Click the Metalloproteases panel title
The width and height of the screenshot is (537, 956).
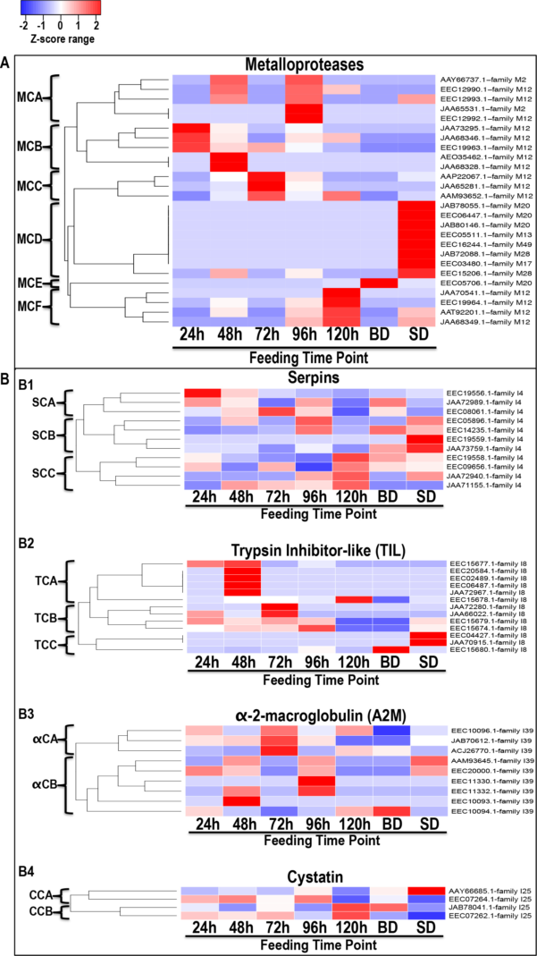[x=310, y=64]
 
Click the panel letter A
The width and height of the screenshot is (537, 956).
[x=7, y=63]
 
